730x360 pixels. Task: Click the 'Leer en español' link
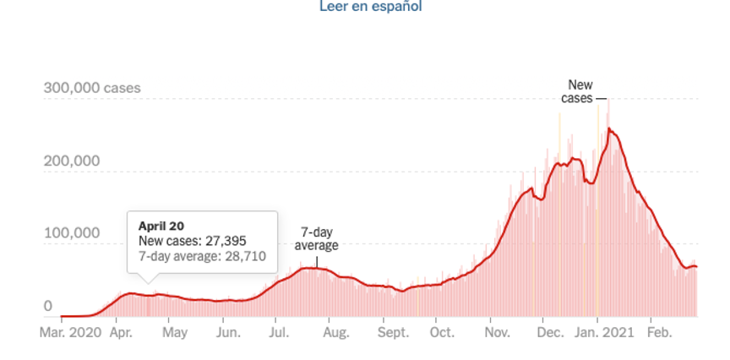370,7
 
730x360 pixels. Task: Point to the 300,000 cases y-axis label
92,88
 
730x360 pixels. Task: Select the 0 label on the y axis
48,306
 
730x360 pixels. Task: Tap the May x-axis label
174,333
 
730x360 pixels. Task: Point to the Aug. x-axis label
335,333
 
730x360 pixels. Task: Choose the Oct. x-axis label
440,333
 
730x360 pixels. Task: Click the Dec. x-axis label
550,333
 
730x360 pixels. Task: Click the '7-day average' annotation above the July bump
316,238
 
